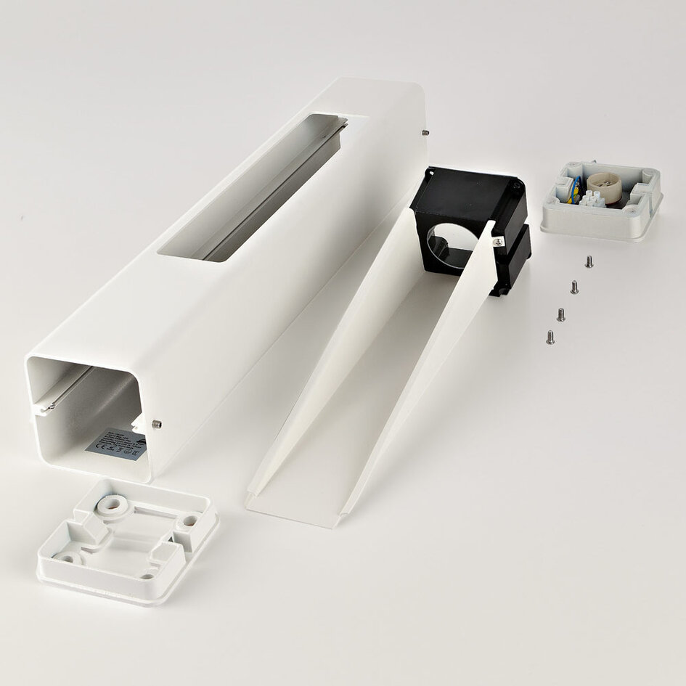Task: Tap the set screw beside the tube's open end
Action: click(158, 424)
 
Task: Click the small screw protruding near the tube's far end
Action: click(425, 132)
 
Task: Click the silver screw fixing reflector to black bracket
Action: click(498, 242)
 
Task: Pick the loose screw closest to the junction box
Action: click(589, 261)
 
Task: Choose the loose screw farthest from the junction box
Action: click(550, 337)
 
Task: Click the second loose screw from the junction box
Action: click(574, 287)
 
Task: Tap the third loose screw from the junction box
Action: click(561, 314)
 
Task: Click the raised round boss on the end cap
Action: click(110, 504)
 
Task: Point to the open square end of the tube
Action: click(87, 414)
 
